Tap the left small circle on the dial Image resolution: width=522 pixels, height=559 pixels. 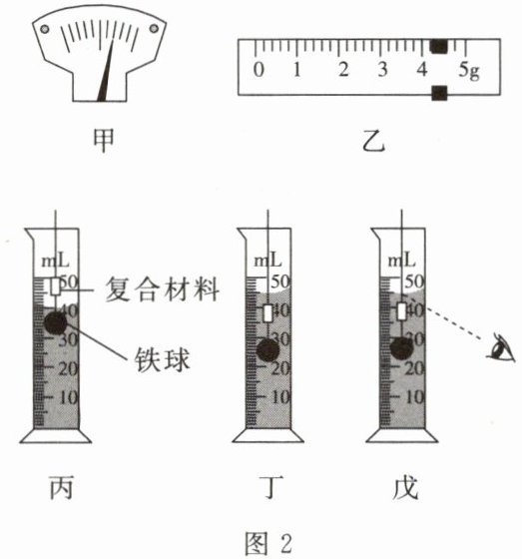[x=45, y=29]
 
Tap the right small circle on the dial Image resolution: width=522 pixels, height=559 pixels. [x=154, y=28]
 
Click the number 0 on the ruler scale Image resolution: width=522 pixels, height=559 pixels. [x=259, y=69]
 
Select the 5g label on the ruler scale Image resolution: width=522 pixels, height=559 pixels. [x=469, y=70]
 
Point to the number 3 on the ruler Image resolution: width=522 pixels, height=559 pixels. [x=382, y=69]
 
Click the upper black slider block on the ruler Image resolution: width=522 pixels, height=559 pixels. [x=439, y=46]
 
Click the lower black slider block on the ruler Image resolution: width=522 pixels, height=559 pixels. [x=439, y=93]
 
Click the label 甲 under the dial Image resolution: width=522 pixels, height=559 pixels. [x=104, y=141]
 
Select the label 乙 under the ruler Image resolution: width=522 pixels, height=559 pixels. [x=373, y=141]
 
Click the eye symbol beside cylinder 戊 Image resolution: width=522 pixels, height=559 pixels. [x=502, y=346]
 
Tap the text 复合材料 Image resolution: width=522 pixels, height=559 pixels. [x=163, y=288]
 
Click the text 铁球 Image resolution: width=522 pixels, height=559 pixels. [x=163, y=359]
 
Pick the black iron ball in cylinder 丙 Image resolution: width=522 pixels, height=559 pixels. [x=56, y=322]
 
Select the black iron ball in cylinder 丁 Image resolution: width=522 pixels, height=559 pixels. [x=268, y=350]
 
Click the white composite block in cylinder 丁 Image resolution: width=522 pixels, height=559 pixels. [x=267, y=313]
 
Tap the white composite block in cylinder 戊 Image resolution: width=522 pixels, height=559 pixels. [x=402, y=311]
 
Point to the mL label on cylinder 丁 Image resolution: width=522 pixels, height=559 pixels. [x=267, y=261]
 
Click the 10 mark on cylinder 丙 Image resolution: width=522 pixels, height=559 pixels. [x=68, y=397]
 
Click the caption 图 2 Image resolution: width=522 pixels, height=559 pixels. [x=268, y=544]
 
